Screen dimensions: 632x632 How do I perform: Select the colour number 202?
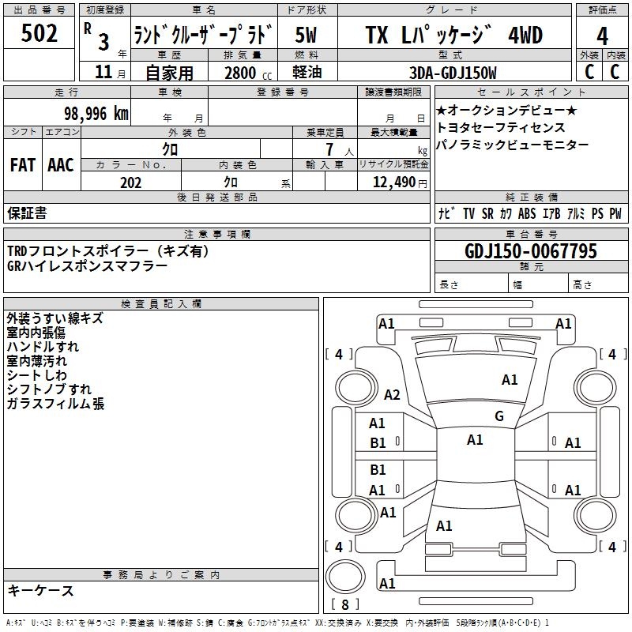click(131, 182)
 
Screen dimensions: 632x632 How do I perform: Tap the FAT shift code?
click(23, 165)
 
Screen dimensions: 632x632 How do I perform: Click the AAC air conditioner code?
click(61, 165)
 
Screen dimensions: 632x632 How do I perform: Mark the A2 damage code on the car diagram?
click(392, 395)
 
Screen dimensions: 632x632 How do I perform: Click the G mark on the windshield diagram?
click(499, 416)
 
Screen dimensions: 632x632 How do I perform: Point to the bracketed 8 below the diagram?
click(345, 604)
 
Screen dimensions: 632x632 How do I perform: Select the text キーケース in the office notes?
click(41, 591)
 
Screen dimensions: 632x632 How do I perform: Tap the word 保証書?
click(27, 213)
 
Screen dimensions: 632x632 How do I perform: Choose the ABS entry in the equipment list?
click(527, 213)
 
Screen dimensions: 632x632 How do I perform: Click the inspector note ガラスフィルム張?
click(55, 404)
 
